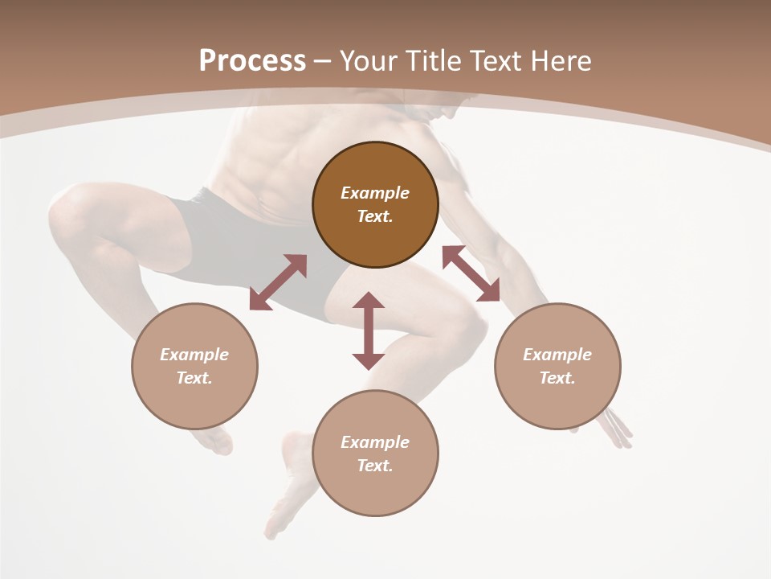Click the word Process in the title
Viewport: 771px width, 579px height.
(x=252, y=61)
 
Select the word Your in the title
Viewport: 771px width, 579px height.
(x=368, y=61)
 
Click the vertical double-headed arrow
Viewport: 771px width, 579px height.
(x=369, y=331)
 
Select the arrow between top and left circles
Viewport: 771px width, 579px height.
(x=278, y=282)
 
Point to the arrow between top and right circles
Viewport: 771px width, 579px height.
(x=471, y=273)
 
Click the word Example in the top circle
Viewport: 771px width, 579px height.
(x=375, y=193)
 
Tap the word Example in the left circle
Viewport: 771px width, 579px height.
(x=194, y=355)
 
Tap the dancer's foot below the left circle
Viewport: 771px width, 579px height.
(x=213, y=441)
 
